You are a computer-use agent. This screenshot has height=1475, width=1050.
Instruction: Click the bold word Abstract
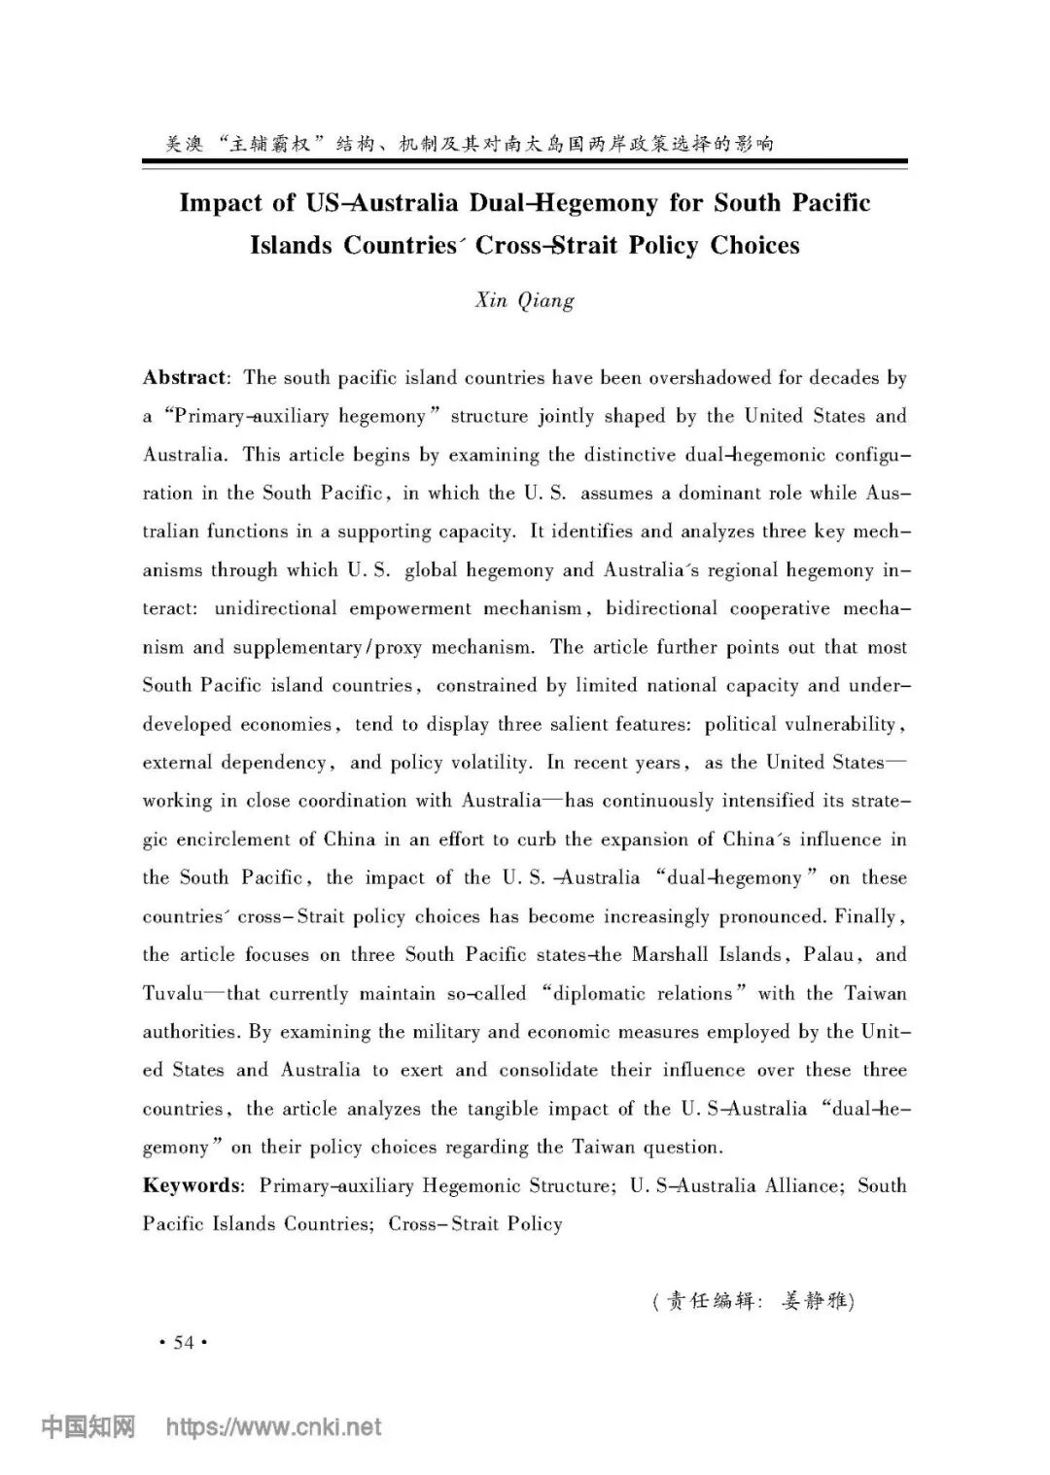click(184, 377)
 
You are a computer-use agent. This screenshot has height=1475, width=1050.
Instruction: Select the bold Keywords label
click(192, 1185)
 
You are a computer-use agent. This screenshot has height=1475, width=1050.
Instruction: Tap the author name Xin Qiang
click(524, 299)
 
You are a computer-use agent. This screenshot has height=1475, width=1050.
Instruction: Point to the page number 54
click(183, 1343)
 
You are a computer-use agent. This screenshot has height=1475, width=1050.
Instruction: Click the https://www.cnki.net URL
click(274, 1427)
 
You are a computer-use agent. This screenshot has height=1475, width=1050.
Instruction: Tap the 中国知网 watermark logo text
click(87, 1427)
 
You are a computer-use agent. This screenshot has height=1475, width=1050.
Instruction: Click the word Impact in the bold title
click(221, 202)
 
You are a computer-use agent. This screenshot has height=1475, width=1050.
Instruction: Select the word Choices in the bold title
click(754, 244)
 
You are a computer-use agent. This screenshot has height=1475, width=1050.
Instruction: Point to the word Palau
click(828, 954)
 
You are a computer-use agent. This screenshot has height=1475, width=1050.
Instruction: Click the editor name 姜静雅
click(815, 1300)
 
